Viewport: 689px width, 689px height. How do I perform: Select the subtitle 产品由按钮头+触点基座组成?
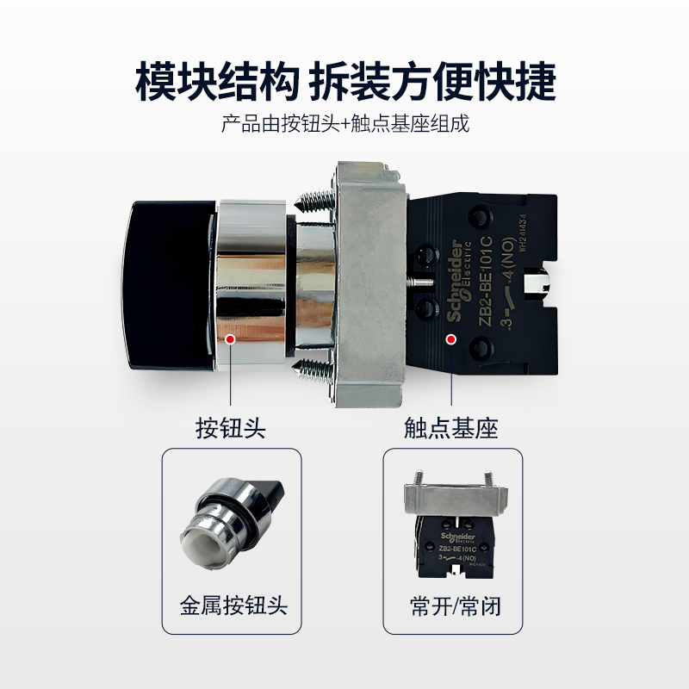pos(344,124)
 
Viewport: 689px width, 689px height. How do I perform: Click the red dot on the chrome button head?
pos(230,339)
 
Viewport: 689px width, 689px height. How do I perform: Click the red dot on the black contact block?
pos(450,339)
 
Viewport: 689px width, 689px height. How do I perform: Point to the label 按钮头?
pos(230,428)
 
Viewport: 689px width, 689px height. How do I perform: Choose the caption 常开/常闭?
pos(454,605)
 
